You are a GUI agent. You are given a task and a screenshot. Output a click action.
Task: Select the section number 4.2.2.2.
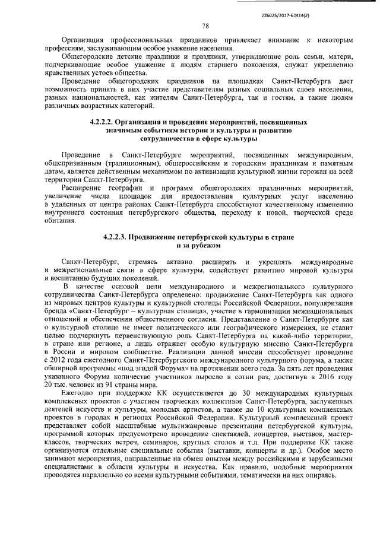click(103, 122)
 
